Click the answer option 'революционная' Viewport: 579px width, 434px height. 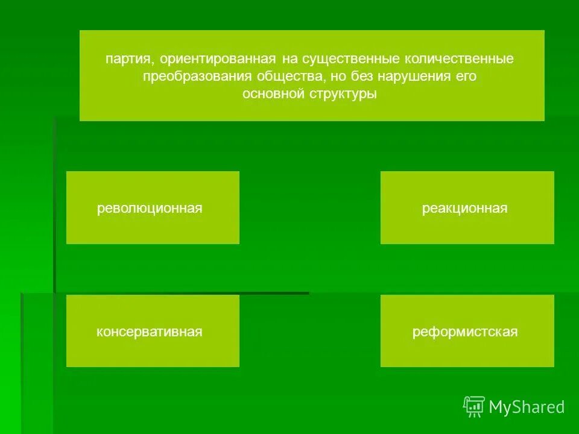(150, 209)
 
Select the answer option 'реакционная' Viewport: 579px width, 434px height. (464, 209)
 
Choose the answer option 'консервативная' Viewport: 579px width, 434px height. (149, 332)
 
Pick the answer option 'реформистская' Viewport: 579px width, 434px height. (465, 332)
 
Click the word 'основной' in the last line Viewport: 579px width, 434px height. (269, 94)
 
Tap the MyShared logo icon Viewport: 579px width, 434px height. (474, 407)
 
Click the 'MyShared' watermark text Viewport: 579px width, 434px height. (527, 407)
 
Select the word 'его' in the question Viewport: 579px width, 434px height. (469, 77)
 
